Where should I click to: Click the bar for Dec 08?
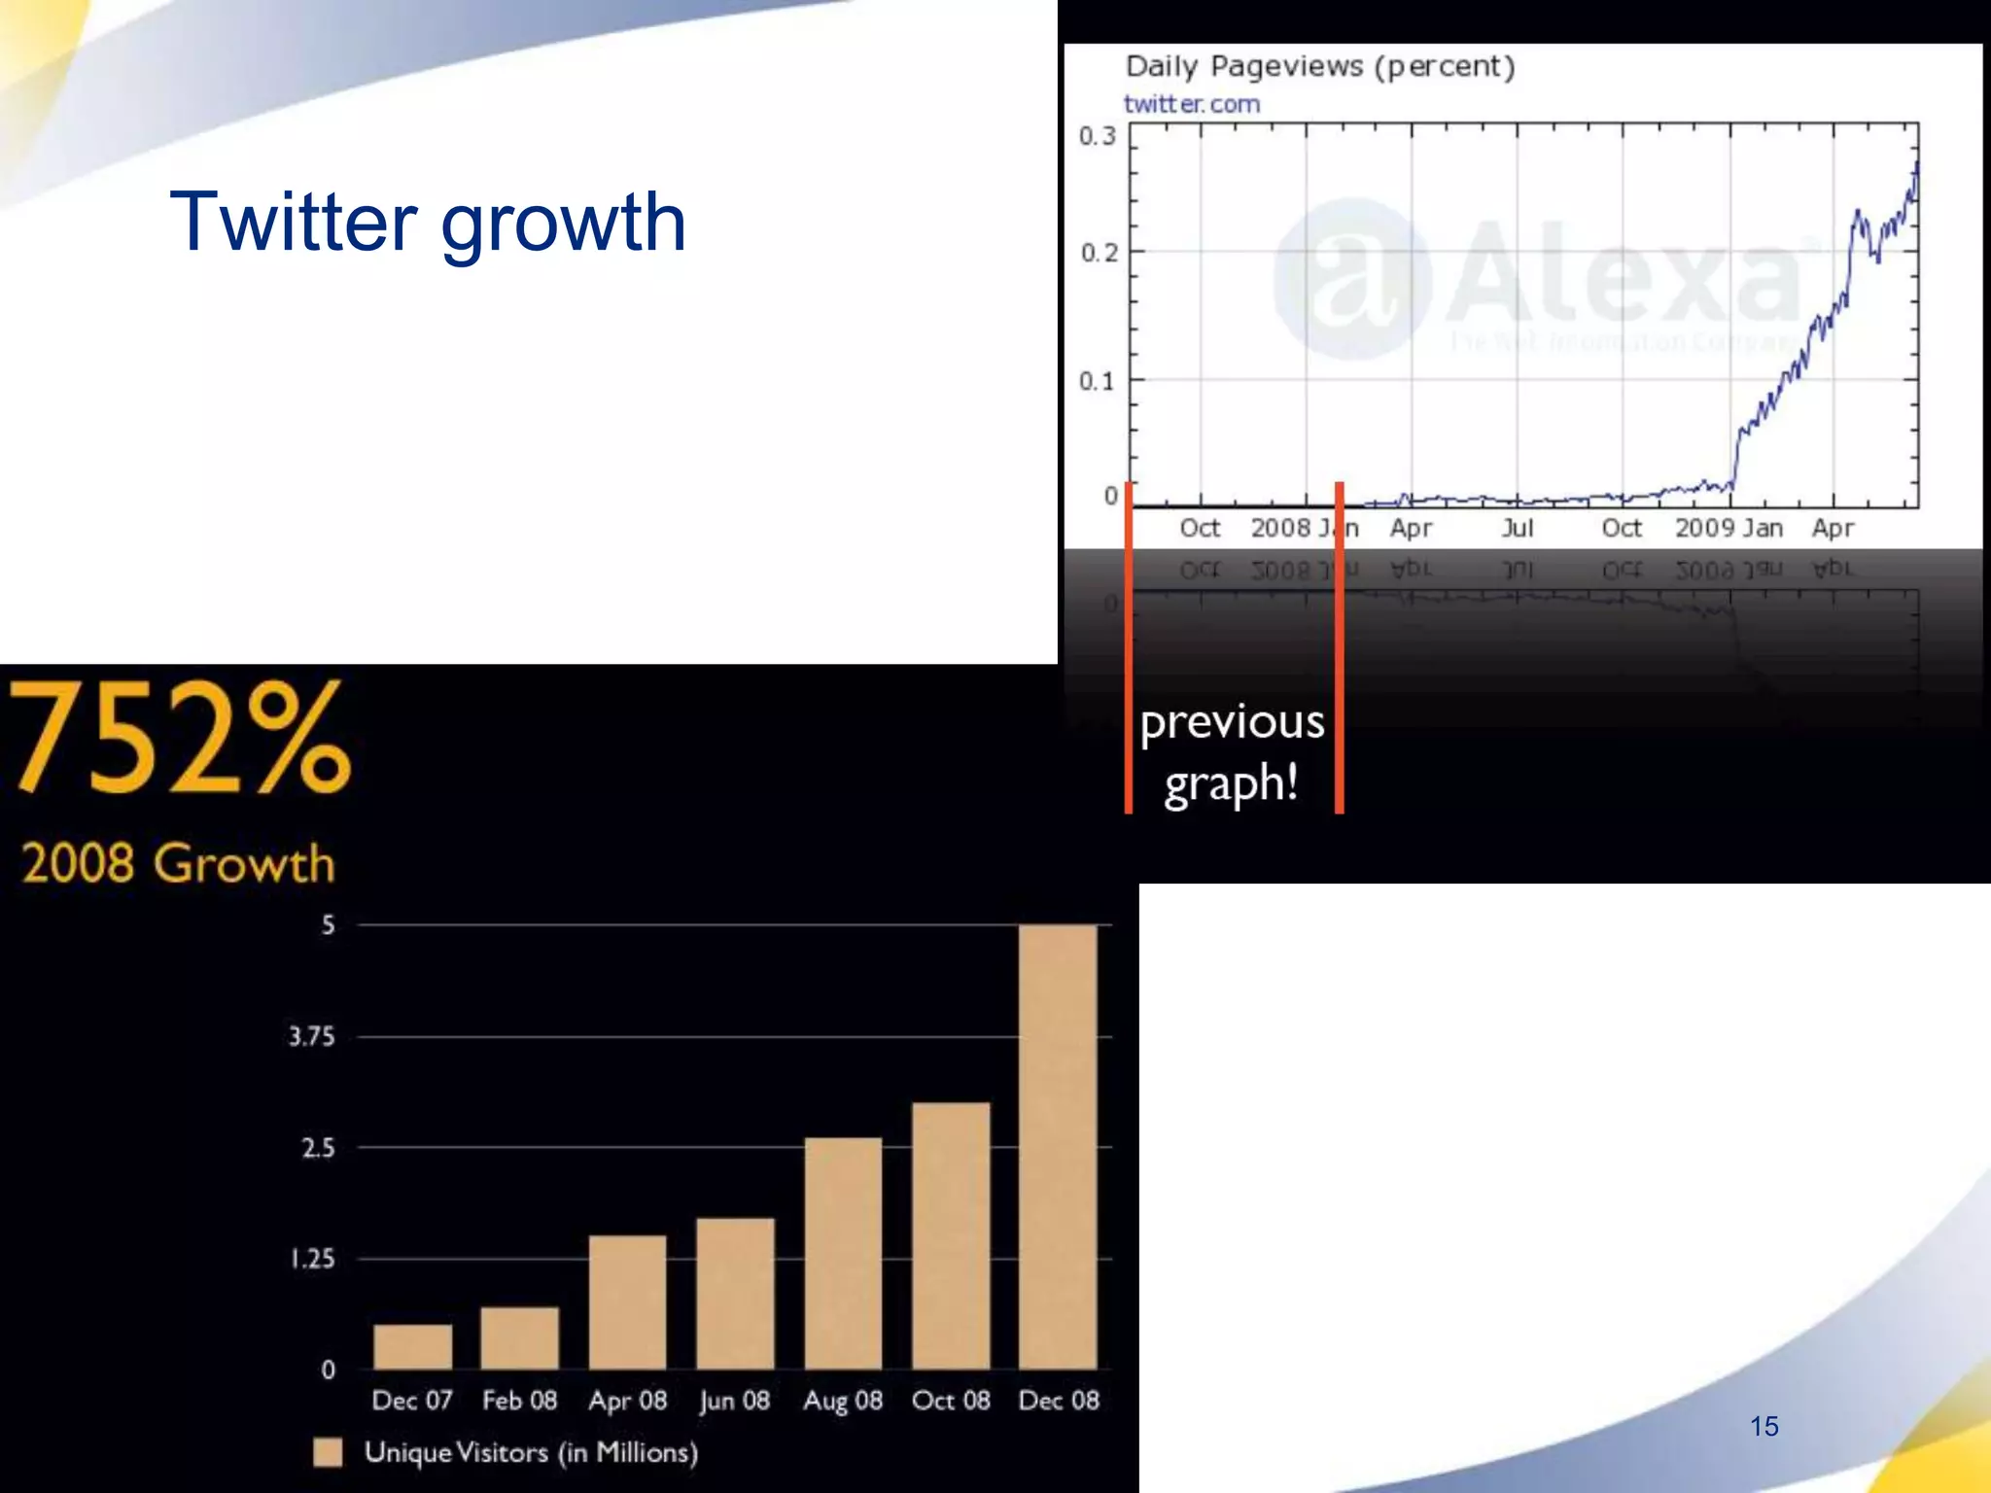tap(1058, 1147)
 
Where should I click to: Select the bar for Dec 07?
tap(412, 1346)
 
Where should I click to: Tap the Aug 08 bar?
tap(843, 1254)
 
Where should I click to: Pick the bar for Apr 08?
tap(628, 1302)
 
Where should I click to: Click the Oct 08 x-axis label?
tap(951, 1401)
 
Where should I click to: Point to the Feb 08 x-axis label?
tap(520, 1401)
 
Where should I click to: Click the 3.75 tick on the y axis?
tap(311, 1037)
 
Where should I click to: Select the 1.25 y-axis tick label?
tap(312, 1260)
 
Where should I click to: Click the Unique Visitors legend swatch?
tap(328, 1452)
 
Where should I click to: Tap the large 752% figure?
tap(180, 739)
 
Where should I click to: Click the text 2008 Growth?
tap(178, 863)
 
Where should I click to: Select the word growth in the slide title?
tap(564, 224)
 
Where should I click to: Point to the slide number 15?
tap(1764, 1426)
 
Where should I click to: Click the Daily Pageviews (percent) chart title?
tap(1319, 67)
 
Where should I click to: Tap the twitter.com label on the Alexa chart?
tap(1192, 104)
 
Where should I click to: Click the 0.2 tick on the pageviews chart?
tap(1099, 253)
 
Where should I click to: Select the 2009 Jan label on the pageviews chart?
tap(1729, 528)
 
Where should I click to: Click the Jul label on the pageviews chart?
tap(1517, 528)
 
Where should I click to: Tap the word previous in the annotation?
tap(1232, 723)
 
